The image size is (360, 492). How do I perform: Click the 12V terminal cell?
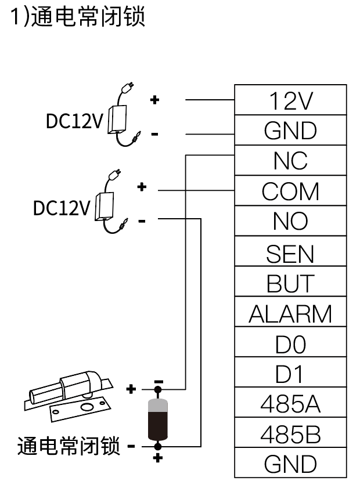(290, 100)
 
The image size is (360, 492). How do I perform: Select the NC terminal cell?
(290, 161)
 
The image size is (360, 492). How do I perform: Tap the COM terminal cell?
(290, 191)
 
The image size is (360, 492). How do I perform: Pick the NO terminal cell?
(290, 221)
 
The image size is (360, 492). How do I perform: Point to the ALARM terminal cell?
(290, 314)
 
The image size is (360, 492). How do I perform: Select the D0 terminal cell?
(290, 344)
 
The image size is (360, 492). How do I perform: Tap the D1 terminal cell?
(290, 374)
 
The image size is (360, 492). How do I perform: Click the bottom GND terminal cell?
(290, 464)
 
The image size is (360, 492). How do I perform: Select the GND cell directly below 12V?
(290, 131)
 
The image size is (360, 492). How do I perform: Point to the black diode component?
(158, 419)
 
